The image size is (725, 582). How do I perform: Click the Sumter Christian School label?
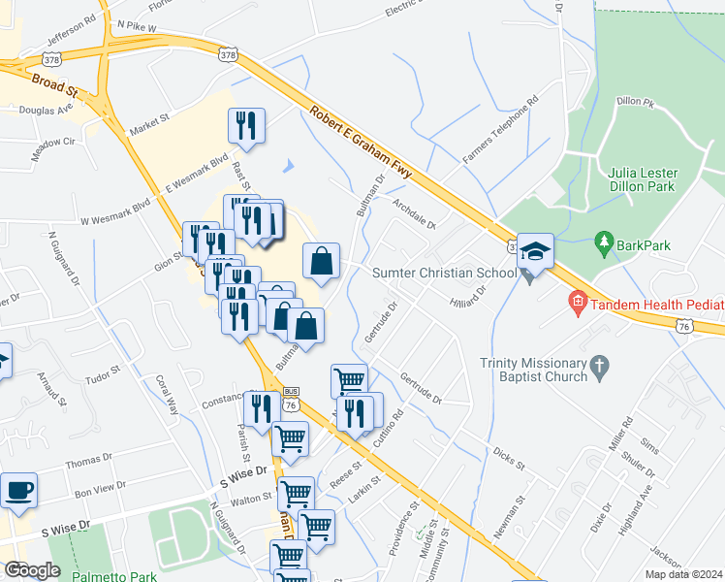445,274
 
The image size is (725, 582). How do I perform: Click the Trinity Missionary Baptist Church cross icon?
600,367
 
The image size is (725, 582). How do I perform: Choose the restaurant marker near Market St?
246,126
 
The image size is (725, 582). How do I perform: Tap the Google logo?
33,569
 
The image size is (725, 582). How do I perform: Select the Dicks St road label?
508,459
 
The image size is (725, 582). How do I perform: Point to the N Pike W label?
136,28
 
